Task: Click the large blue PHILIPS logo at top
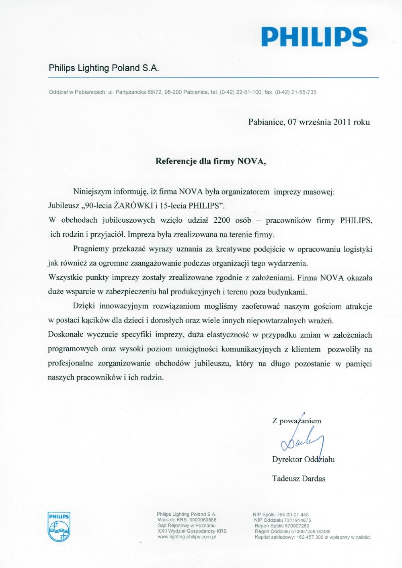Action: coord(314,37)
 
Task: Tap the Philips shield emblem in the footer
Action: coord(59,527)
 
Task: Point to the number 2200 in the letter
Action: coord(222,220)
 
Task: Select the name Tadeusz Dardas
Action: coord(299,479)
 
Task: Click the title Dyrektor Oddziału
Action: coord(303,459)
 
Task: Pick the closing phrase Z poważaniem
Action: coord(297,421)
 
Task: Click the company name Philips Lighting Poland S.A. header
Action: coord(104,68)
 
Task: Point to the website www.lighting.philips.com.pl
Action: coord(187,537)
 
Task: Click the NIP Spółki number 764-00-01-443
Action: coord(293,515)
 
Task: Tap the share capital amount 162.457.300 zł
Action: coord(315,537)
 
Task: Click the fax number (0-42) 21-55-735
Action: coord(295,92)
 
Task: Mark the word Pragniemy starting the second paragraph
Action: coord(91,249)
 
